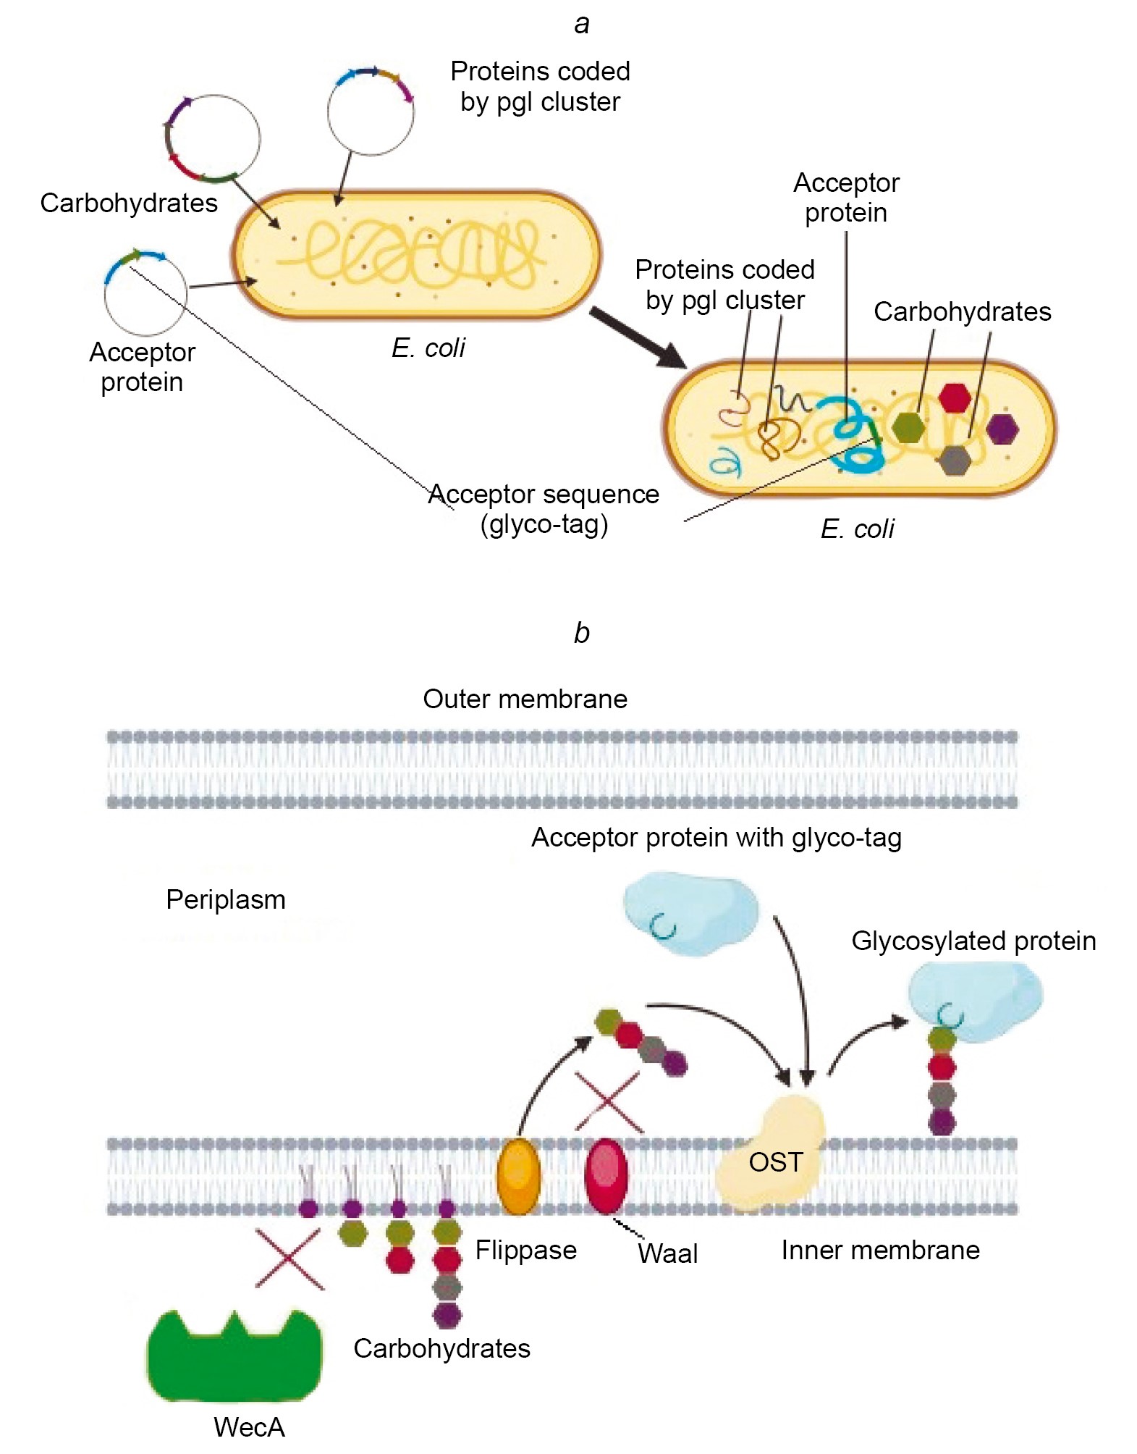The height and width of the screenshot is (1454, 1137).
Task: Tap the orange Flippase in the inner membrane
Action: tap(518, 1176)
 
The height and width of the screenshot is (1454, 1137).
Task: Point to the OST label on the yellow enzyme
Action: tap(775, 1163)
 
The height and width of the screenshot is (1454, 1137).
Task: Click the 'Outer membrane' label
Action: tap(525, 699)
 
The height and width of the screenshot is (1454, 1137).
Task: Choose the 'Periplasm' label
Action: tap(226, 900)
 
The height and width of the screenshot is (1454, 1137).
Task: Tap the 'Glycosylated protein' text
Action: tap(973, 941)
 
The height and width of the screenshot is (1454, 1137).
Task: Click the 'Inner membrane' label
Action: tap(880, 1251)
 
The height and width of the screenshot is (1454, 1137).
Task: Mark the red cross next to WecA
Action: tap(289, 1260)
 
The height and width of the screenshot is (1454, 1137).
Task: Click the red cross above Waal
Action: tap(609, 1102)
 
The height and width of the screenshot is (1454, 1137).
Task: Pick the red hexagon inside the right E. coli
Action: tap(955, 397)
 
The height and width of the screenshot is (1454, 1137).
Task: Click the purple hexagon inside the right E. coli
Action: tap(1002, 429)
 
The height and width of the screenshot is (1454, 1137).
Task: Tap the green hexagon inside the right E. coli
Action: tap(908, 426)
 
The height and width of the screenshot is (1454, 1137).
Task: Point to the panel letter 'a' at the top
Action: tap(581, 24)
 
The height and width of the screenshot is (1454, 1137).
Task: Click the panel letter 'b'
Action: tap(581, 633)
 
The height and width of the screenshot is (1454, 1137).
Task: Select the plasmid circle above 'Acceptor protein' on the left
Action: tap(145, 293)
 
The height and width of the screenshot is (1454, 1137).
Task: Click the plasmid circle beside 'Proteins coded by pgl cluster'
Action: tap(371, 112)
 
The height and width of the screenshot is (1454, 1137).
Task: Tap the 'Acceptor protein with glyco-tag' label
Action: tap(716, 838)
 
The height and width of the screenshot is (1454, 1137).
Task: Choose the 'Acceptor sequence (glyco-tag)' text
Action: tap(544, 509)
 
